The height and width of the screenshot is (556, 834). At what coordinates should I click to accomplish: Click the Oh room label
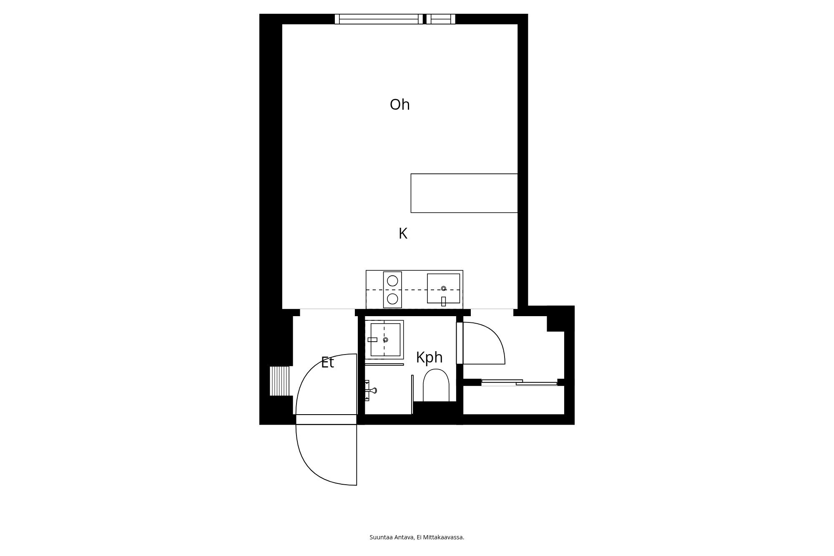[399, 105]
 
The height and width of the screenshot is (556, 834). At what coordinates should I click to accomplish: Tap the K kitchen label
[403, 234]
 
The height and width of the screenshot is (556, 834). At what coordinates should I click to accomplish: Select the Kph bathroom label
[429, 357]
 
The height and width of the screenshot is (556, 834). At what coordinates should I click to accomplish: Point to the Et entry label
[327, 362]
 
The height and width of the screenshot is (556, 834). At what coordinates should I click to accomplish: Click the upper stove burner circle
[392, 281]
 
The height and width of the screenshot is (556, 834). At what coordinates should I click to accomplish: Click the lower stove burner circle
[392, 299]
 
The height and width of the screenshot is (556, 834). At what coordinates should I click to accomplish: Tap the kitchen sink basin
[443, 288]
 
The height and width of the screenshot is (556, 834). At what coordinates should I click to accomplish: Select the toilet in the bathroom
[436, 385]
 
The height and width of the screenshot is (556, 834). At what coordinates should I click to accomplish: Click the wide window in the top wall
[379, 19]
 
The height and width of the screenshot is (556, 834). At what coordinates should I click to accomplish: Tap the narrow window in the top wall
[441, 19]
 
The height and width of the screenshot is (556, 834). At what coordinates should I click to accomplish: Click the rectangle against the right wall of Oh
[464, 193]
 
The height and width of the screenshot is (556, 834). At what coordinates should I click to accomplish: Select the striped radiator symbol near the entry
[279, 381]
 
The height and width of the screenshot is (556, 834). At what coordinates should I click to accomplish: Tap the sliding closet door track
[519, 382]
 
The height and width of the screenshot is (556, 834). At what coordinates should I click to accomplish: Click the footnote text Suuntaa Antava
[392, 537]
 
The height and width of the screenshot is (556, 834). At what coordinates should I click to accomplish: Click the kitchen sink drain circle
[443, 288]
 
